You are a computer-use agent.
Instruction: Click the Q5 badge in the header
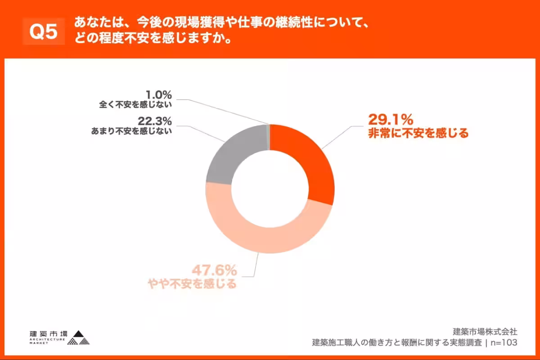click(x=44, y=31)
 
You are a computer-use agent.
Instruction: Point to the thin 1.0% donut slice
click(x=268, y=135)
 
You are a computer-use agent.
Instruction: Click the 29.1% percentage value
click(x=390, y=120)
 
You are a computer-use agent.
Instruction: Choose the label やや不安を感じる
click(x=192, y=284)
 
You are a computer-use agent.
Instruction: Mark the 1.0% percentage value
click(x=158, y=95)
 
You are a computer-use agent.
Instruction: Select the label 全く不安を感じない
click(x=136, y=105)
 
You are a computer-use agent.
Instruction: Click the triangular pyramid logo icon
click(x=79, y=338)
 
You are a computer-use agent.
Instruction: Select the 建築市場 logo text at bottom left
click(x=48, y=334)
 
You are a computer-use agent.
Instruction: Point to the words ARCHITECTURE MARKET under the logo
click(x=47, y=342)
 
